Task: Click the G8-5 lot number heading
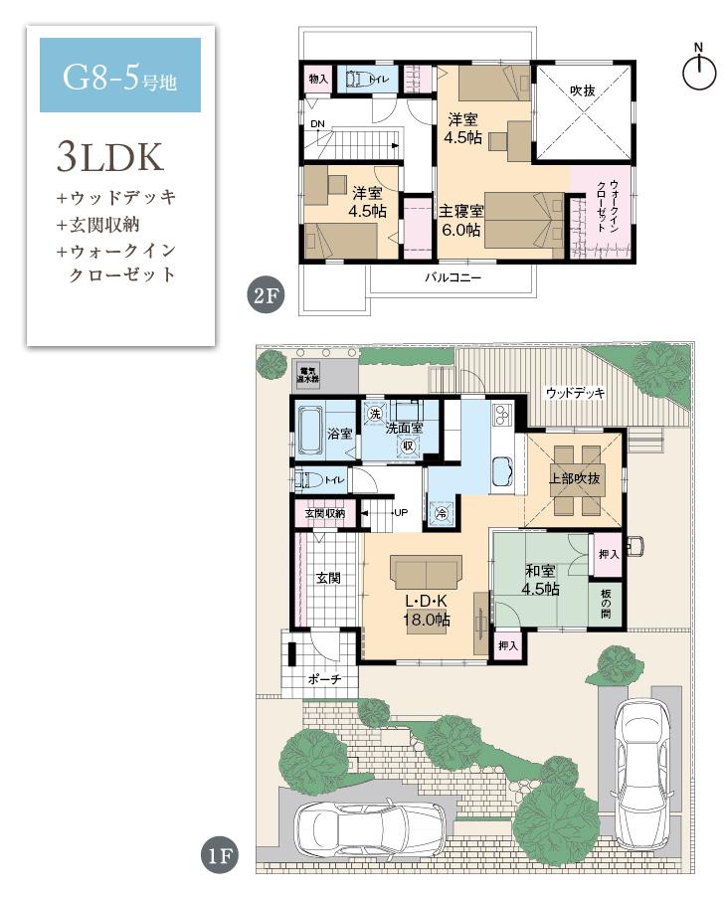(x=119, y=77)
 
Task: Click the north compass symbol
(x=699, y=69)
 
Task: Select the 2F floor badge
(x=263, y=295)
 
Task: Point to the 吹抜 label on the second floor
(x=582, y=90)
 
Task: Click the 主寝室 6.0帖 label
(x=462, y=221)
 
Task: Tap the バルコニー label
(x=452, y=279)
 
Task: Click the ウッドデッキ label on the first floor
(x=575, y=394)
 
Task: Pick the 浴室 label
(x=340, y=433)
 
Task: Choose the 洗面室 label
(x=405, y=428)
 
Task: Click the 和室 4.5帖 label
(x=542, y=580)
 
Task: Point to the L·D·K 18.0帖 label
(x=426, y=610)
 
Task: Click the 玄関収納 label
(x=324, y=513)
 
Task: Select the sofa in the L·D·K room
(x=427, y=574)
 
